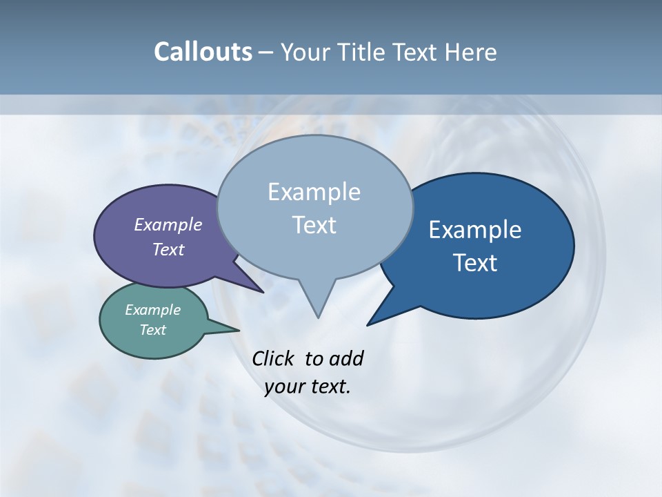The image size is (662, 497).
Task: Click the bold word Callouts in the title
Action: coord(203,52)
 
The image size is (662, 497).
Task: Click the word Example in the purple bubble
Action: coord(168,224)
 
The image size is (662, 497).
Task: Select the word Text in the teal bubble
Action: coord(152,330)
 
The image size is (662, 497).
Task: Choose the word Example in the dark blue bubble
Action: coord(475,230)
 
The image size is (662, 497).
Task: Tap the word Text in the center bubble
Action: coord(314,225)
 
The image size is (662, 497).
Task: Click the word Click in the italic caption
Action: coord(274,358)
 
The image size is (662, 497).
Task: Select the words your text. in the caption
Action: coord(308,387)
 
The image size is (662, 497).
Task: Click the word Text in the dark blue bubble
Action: coord(475,263)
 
